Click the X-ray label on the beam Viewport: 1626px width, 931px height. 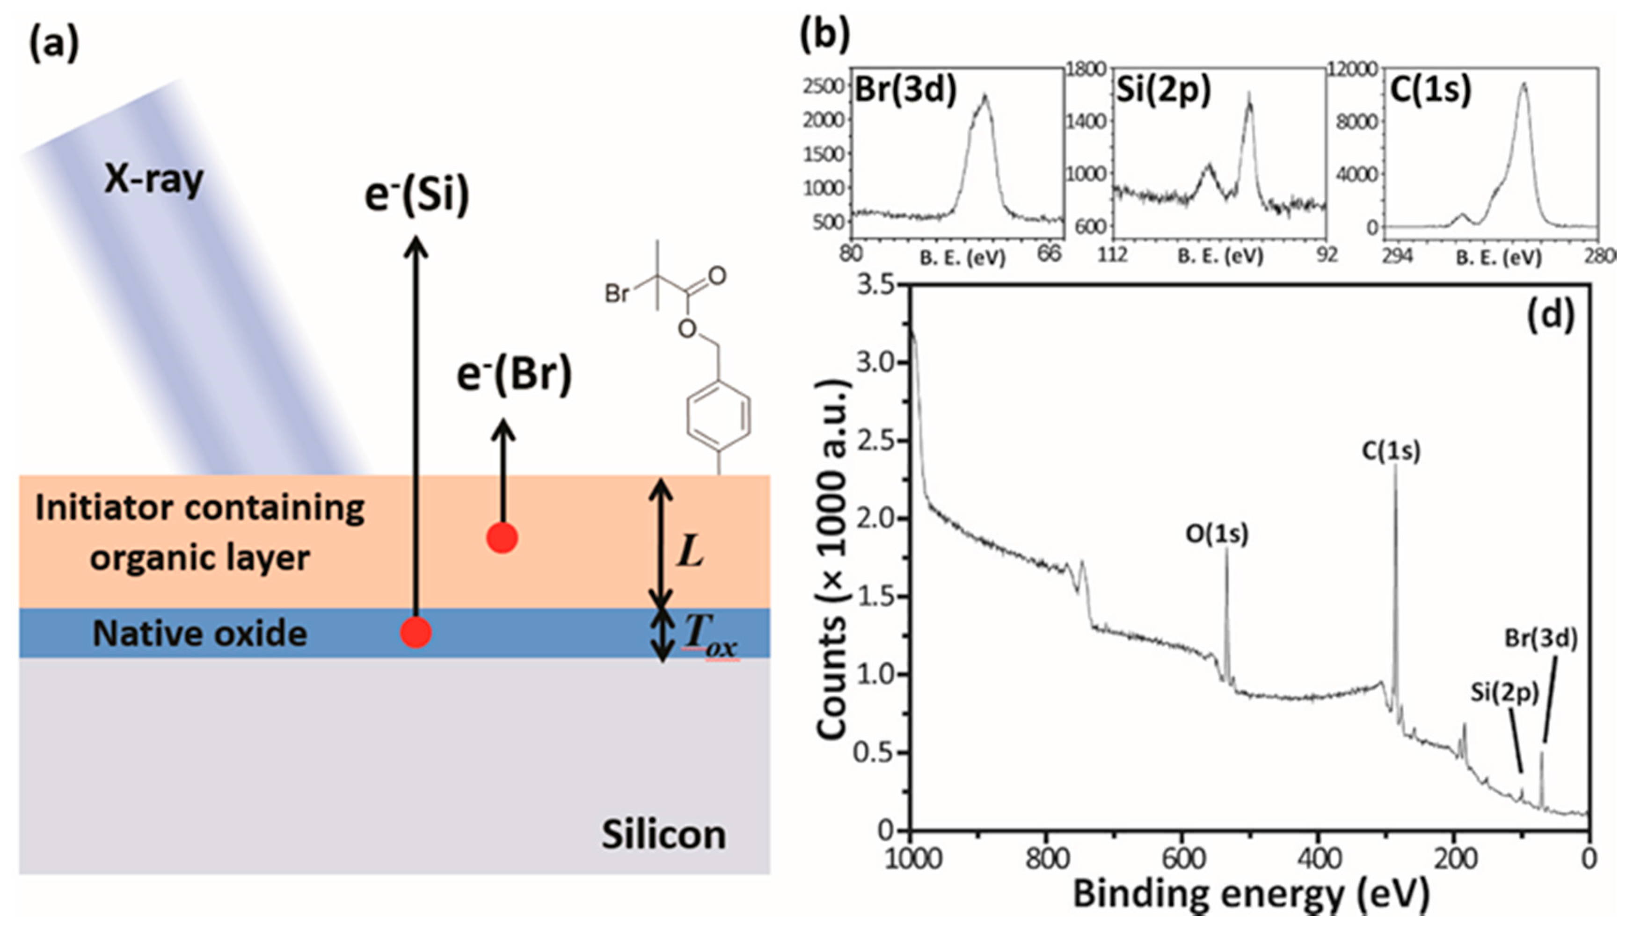click(153, 180)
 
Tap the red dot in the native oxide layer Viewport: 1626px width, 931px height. click(416, 632)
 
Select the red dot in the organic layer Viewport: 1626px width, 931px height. click(502, 538)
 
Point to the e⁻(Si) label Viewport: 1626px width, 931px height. click(416, 195)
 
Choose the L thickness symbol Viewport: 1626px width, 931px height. click(690, 551)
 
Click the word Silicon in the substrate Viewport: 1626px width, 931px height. click(664, 835)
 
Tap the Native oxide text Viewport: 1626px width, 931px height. click(200, 634)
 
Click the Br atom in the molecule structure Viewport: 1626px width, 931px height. click(617, 294)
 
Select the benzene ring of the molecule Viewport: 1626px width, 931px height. click(718, 416)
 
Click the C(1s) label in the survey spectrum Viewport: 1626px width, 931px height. click(1391, 451)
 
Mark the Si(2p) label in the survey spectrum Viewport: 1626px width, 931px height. click(1504, 693)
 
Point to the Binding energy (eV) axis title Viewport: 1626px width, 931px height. click(1251, 894)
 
